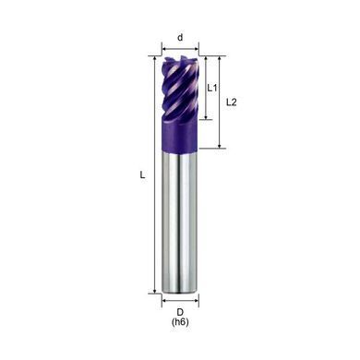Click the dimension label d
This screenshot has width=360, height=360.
(x=180, y=38)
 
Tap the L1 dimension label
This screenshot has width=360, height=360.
(x=212, y=88)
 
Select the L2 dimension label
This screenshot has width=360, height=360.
(x=232, y=102)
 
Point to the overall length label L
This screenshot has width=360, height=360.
(x=142, y=175)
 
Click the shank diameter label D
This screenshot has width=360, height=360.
(x=180, y=312)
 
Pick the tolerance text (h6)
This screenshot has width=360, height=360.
(x=180, y=322)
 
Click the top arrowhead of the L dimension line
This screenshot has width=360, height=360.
(x=155, y=59)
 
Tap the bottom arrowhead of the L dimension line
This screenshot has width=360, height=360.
(x=155, y=291)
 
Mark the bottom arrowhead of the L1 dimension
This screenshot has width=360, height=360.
(x=206, y=116)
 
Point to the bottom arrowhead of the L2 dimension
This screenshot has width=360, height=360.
(x=220, y=145)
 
